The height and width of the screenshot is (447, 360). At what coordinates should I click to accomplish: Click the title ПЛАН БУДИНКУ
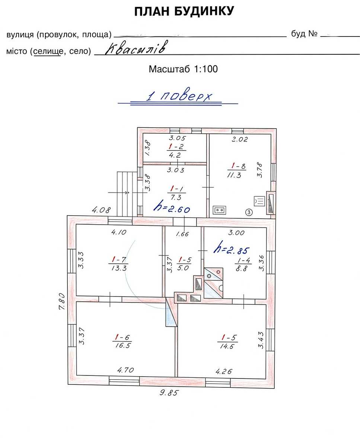pos(184,12)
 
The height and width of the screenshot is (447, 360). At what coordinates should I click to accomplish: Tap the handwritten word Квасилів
pos(136,48)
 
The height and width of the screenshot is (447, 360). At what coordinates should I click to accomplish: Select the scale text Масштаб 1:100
pos(183,69)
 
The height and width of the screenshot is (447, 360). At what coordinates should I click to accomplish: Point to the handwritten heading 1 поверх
pos(179,96)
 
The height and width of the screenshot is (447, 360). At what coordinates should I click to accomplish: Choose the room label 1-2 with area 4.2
pos(176,151)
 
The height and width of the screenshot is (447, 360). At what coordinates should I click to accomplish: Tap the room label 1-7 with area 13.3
pos(119,264)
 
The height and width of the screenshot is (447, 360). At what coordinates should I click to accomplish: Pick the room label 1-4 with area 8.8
pos(243,264)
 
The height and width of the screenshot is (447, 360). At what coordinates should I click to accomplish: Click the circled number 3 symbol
pos(249,212)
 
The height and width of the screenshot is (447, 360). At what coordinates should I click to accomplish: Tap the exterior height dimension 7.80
pos(62,301)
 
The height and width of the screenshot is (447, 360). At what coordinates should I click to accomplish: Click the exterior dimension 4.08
pos(102,210)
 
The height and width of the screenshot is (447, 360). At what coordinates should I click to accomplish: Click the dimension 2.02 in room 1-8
pos(240,139)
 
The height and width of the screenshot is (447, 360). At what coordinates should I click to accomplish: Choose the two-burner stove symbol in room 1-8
pos(219,210)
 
